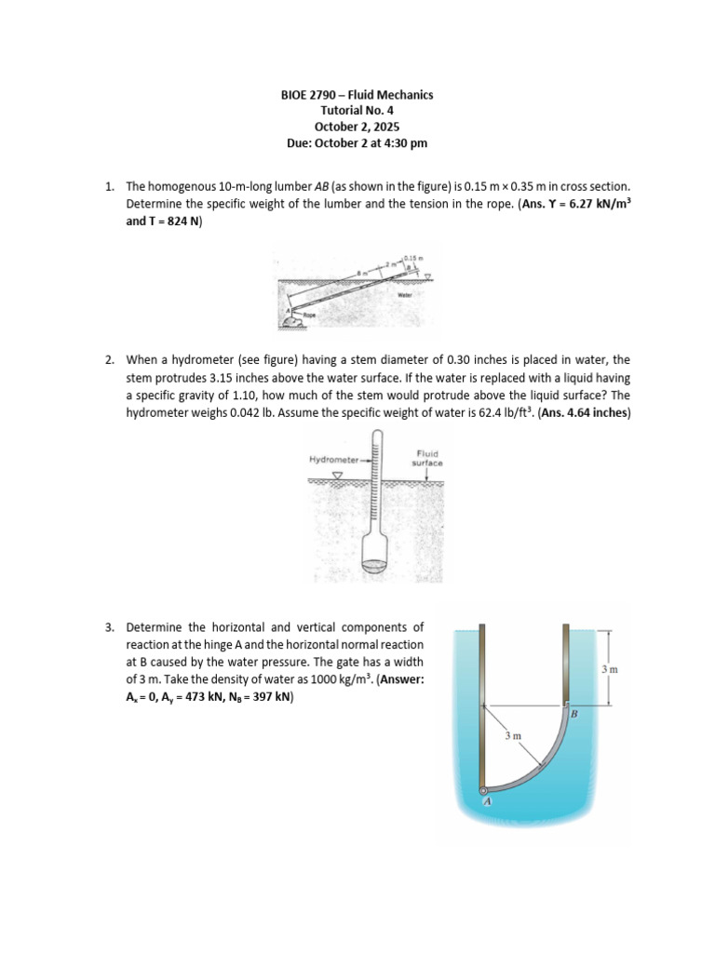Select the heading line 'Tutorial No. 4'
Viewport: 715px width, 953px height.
pos(357,111)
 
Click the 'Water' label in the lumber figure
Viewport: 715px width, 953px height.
pos(404,295)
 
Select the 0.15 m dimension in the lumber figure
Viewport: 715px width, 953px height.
pos(413,256)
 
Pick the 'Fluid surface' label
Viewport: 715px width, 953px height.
pos(427,458)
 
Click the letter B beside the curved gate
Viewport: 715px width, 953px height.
pos(573,713)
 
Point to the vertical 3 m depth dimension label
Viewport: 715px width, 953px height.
pos(609,668)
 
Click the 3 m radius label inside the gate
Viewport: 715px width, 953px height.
pos(513,735)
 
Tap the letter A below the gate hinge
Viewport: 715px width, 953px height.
pos(486,802)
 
